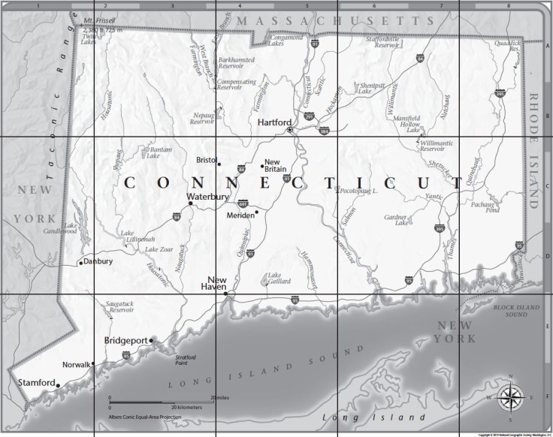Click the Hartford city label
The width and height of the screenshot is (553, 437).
273,121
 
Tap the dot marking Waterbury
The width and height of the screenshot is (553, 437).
191,203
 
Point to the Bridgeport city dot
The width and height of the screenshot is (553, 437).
152,341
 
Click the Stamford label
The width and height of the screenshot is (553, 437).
36,383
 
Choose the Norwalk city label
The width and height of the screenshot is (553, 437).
75,365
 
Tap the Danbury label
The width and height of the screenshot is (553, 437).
98,262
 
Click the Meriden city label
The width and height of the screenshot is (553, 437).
240,215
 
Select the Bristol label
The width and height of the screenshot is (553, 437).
205,160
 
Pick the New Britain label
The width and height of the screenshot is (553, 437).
273,166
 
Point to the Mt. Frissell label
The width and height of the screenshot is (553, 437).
99,19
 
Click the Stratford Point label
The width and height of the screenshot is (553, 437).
186,360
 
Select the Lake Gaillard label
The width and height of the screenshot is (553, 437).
280,279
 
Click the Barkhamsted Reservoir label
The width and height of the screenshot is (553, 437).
237,62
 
